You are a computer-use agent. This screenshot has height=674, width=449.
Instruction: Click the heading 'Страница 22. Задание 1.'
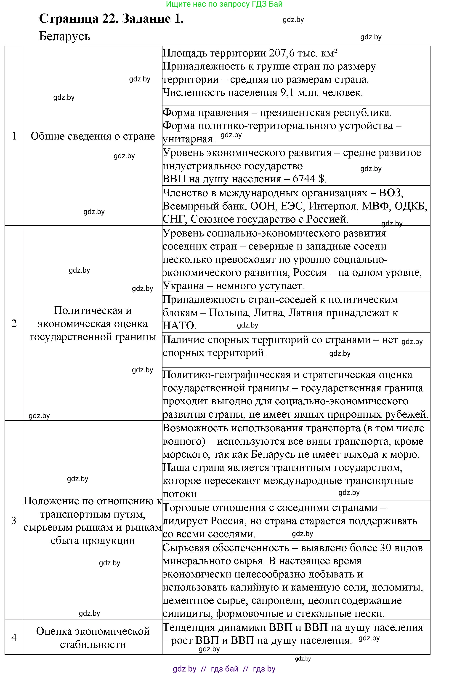point(111,19)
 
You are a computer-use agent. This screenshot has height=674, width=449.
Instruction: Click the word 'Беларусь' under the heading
point(64,36)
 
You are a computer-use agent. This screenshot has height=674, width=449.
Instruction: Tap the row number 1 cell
point(14,136)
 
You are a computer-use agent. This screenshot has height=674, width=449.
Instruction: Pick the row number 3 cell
point(14,520)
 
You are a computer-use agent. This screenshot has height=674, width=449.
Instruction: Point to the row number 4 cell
point(14,638)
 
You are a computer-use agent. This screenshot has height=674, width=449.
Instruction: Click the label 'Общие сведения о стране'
point(93,136)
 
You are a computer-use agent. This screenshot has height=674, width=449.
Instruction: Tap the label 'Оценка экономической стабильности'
point(93,638)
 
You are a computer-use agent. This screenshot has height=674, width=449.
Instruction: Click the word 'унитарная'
point(189,139)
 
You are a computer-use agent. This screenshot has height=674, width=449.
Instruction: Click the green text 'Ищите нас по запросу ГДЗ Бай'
point(224,4)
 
